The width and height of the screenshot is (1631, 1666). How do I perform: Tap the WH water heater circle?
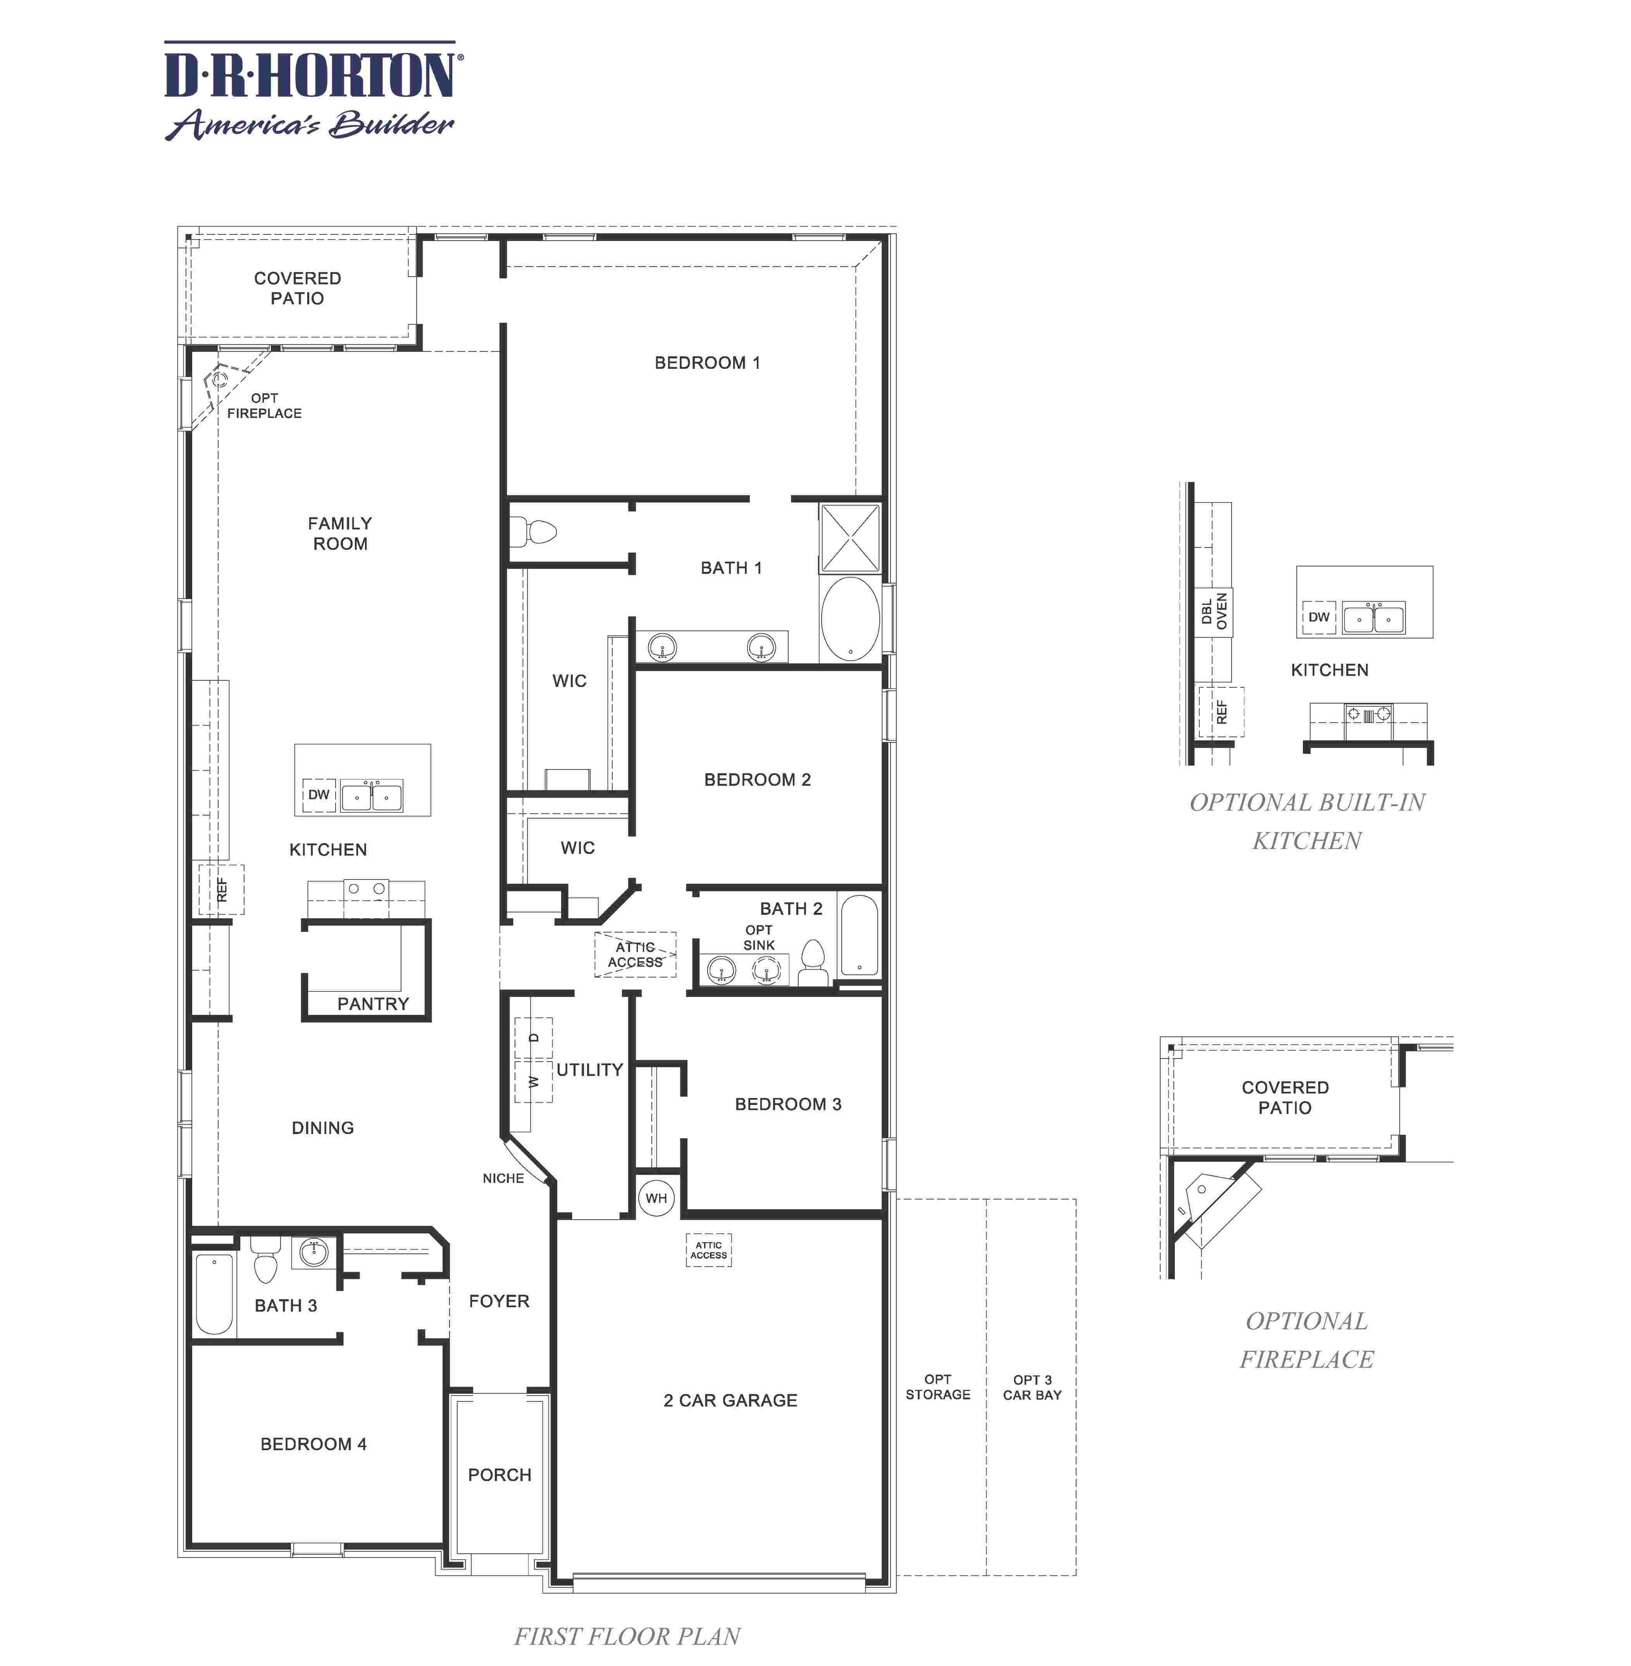pos(656,1198)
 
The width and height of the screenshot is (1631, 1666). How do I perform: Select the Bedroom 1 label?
pos(707,362)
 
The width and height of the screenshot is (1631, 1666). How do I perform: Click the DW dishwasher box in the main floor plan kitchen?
pos(319,795)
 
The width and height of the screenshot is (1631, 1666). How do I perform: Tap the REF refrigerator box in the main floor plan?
pos(222,889)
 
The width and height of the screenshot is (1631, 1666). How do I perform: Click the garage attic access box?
pos(708,1250)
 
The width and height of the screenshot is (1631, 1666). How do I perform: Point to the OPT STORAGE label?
pos(938,1387)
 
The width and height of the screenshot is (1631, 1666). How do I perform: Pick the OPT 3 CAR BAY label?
pos(1032,1387)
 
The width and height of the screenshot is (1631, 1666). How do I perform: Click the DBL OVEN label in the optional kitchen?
pos(1214,612)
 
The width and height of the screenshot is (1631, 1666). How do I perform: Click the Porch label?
pos(499,1474)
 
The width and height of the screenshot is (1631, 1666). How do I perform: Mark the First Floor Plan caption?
pos(627,1636)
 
